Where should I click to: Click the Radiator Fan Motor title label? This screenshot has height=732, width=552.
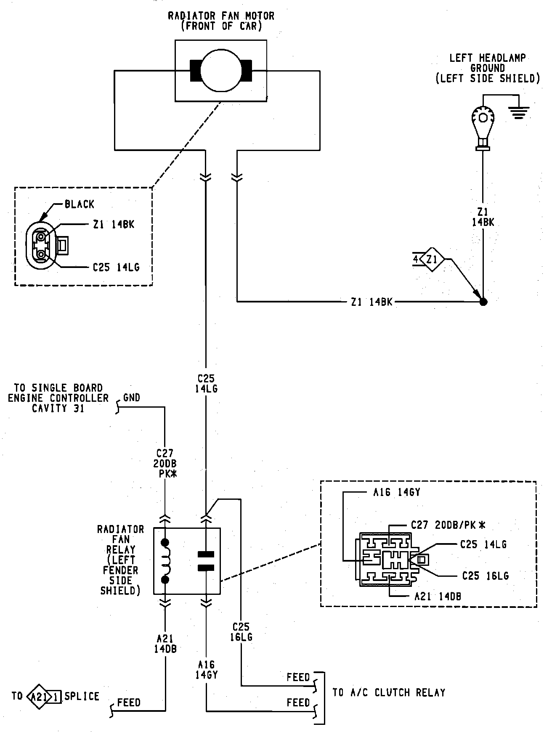(221, 21)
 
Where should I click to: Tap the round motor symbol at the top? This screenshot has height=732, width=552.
(221, 70)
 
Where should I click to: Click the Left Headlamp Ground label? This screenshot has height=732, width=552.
(488, 68)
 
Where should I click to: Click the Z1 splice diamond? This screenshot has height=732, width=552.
(432, 260)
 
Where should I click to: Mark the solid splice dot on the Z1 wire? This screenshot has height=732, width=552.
(483, 302)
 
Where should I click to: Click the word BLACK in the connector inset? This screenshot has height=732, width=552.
(80, 204)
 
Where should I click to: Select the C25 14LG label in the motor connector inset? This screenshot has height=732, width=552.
(116, 267)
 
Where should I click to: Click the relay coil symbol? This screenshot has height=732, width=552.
(165, 561)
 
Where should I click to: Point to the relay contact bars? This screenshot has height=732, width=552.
(206, 561)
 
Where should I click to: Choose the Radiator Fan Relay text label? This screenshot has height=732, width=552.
(120, 560)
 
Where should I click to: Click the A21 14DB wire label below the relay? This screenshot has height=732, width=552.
(165, 643)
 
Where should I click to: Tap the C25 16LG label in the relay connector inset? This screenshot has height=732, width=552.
(485, 576)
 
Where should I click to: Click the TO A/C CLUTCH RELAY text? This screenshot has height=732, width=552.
(389, 692)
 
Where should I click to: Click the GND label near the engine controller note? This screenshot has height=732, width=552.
(132, 398)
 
